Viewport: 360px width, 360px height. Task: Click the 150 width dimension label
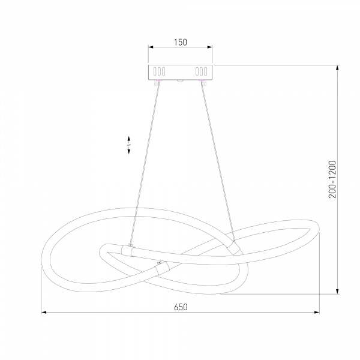[x=181, y=42]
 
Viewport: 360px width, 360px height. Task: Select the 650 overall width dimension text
[x=181, y=307]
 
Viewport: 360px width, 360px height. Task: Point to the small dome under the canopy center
[x=181, y=80]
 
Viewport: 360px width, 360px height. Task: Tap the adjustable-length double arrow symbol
[x=130, y=145]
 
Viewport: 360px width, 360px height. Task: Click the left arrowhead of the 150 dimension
[x=151, y=47]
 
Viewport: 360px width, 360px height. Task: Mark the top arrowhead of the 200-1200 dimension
[x=340, y=67]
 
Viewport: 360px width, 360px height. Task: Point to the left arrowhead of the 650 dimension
[x=44, y=313]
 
